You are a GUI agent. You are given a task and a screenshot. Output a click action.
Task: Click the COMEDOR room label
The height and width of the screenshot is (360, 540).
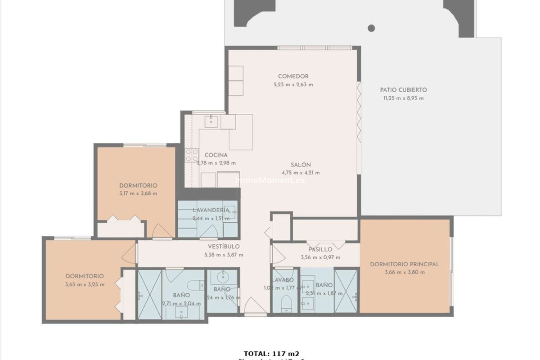point(293,76)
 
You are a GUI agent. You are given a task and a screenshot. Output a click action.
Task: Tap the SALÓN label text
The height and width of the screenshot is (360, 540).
point(301,165)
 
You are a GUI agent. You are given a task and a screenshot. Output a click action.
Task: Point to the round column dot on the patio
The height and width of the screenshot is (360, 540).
point(371,28)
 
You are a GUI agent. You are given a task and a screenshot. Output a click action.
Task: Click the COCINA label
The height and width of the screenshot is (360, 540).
point(216,155)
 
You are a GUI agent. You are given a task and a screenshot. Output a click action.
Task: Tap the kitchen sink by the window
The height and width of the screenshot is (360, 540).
point(211,121)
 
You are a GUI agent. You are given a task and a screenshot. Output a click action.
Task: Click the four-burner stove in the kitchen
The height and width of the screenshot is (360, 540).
point(192,155)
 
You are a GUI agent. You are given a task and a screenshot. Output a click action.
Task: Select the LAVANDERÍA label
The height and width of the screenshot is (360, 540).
point(211,210)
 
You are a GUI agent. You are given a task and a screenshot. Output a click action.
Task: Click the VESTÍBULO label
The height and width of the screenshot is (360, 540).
point(224,247)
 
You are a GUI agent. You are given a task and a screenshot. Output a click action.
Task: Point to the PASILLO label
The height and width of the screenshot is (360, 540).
point(320,249)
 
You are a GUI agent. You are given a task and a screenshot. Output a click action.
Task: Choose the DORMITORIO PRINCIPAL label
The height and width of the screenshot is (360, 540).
point(404,264)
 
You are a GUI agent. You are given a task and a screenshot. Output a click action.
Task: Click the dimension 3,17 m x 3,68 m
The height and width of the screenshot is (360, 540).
point(138,193)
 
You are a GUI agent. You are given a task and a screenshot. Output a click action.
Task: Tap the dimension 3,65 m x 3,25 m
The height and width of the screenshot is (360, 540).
point(85,284)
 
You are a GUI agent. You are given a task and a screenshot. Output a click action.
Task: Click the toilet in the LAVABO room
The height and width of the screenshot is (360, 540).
point(286,303)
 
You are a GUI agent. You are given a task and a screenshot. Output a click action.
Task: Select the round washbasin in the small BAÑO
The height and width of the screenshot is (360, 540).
point(224,277)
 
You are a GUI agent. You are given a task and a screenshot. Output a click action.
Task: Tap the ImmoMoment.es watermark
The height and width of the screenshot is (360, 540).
point(270,180)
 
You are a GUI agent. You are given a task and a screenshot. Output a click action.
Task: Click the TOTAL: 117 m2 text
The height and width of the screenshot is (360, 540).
point(271,354)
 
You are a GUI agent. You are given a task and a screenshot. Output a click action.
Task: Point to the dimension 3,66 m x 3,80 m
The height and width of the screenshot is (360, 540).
point(404,272)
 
